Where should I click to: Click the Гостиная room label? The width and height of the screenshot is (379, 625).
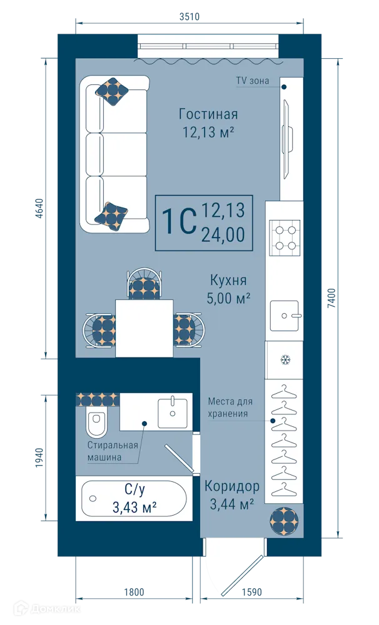(x=208, y=114)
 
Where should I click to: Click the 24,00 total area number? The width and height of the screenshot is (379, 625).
(x=223, y=234)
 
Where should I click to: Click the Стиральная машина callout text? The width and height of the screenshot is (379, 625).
(x=113, y=451)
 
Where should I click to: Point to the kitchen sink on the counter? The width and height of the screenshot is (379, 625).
(x=285, y=315)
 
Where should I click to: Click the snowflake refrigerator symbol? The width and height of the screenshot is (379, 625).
(x=285, y=360)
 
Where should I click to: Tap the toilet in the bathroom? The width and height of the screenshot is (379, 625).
(x=97, y=424)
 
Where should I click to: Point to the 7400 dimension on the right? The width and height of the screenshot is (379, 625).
(x=332, y=297)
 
